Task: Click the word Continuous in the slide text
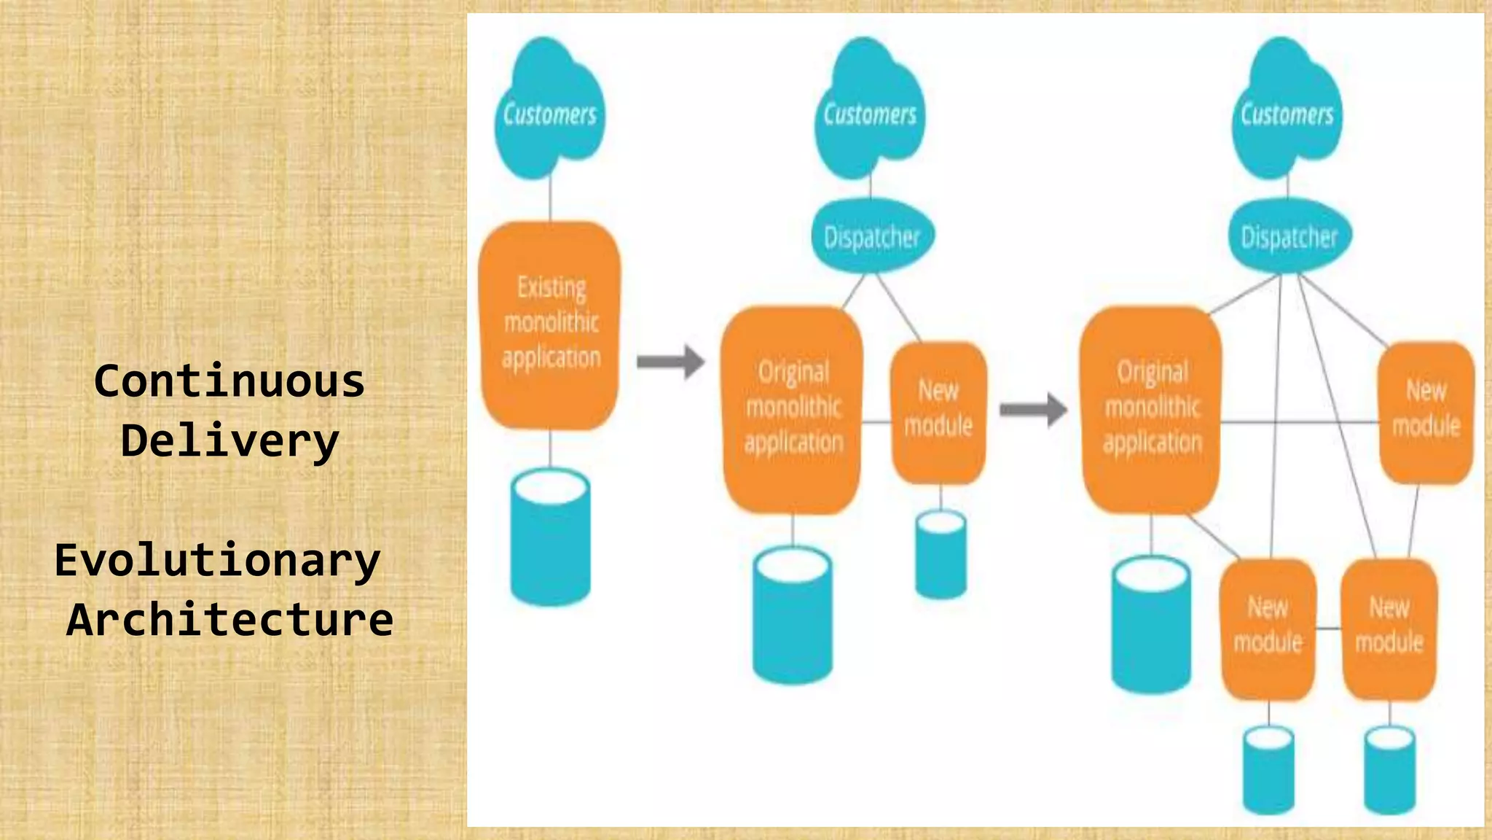pos(229,381)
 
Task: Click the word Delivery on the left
pos(229,441)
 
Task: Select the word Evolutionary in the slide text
pos(217,560)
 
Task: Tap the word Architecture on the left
pos(229,620)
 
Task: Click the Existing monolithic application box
pos(551,324)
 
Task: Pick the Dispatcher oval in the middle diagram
pos(872,236)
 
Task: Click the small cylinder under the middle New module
pos(941,553)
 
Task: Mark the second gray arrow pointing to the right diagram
pos(1033,409)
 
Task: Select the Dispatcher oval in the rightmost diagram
pos(1289,236)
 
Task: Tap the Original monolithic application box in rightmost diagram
pos(1151,409)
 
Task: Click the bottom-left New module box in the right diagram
pos(1268,628)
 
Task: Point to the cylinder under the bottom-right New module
pos(1389,769)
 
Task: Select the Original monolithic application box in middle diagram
pos(793,409)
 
